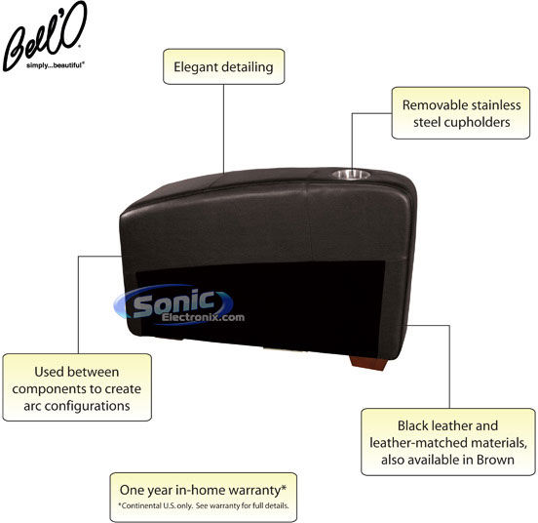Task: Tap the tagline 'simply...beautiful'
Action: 56,65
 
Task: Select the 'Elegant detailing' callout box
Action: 224,66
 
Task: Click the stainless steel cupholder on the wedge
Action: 351,175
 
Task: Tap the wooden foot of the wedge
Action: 367,363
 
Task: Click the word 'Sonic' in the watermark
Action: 173,302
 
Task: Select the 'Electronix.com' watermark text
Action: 203,317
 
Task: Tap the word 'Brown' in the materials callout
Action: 495,460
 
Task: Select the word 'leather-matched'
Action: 418,443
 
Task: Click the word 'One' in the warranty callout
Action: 129,490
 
